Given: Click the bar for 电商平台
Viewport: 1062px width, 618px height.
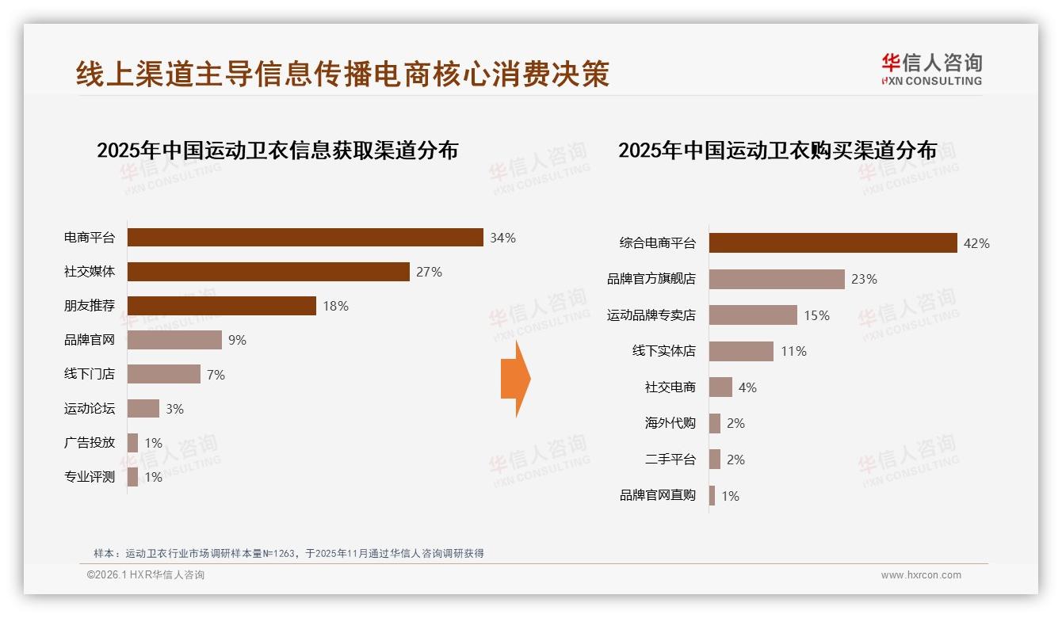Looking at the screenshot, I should [305, 237].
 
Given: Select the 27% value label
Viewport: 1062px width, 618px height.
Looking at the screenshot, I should [429, 272].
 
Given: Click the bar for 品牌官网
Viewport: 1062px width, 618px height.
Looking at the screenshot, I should [174, 340].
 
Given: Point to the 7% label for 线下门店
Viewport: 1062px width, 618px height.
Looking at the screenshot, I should [216, 375].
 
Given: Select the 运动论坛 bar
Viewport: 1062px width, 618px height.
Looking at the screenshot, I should [143, 409].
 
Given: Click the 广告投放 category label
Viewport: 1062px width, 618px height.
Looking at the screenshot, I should [90, 443].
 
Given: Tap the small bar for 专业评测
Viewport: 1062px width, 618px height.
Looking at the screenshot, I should [132, 477].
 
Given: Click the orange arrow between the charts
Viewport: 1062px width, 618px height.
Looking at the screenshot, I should [516, 379].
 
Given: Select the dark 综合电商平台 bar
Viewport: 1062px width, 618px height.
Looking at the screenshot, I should [833, 243].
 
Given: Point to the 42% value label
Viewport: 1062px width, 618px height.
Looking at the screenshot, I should [976, 243].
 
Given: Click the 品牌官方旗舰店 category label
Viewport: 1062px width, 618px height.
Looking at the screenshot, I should [651, 279].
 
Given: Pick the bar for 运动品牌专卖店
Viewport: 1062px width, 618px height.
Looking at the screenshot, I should [753, 315].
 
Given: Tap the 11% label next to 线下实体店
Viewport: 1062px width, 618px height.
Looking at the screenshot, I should [793, 351].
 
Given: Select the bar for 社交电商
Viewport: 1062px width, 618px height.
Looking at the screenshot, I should [720, 387].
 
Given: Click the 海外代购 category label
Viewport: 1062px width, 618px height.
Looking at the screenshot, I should [670, 423].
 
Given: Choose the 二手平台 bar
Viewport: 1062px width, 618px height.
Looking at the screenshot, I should [715, 460].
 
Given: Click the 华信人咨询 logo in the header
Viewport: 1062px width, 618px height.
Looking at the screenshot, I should [931, 69].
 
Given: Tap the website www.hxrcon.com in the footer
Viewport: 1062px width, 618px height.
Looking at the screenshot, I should [921, 575].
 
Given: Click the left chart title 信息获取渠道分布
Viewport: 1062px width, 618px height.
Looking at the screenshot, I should [277, 151].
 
